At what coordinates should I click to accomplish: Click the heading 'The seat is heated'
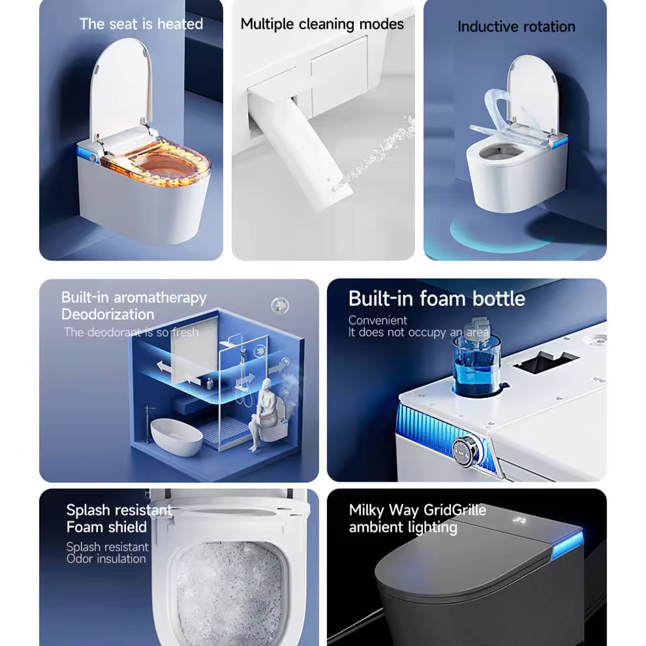pyautogui.click(x=141, y=24)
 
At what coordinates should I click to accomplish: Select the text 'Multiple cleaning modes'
pyautogui.click(x=322, y=24)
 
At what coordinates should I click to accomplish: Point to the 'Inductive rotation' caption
pyautogui.click(x=515, y=27)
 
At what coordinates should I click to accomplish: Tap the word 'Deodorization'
pyautogui.click(x=108, y=315)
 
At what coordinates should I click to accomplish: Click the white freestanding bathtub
pyautogui.click(x=176, y=437)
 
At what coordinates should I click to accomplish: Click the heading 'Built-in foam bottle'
pyautogui.click(x=436, y=298)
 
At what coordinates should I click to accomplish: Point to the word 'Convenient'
pyautogui.click(x=377, y=320)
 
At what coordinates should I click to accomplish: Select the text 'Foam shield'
pyautogui.click(x=106, y=527)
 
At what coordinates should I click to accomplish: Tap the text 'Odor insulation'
pyautogui.click(x=106, y=559)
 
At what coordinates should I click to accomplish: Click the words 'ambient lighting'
pyautogui.click(x=403, y=527)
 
